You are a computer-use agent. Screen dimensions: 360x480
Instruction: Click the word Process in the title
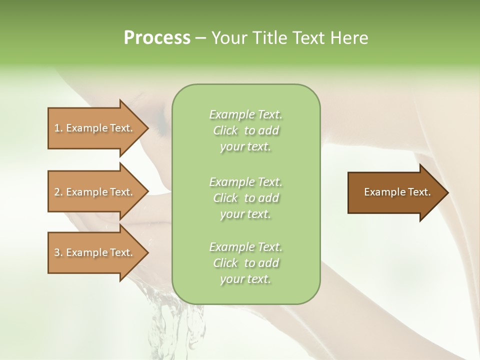pos(157,38)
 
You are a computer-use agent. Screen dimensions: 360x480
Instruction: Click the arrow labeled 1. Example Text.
pos(95,128)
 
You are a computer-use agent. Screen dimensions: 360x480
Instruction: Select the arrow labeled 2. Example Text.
pos(95,192)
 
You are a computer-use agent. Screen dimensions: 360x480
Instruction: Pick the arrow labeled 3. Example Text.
pos(95,252)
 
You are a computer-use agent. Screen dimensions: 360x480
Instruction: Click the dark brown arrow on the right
pos(395,192)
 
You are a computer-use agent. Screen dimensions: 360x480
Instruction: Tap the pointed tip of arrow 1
pos(147,128)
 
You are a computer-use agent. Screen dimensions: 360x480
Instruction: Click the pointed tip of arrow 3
pos(147,252)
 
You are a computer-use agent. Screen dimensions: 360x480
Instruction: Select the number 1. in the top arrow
pos(58,128)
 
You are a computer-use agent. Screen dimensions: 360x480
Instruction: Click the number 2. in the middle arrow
pos(58,192)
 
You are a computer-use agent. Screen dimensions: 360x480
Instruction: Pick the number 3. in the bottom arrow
pos(58,252)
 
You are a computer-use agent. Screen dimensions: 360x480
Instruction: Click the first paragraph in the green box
pos(245,130)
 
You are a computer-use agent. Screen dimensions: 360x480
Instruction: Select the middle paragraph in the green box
pos(245,197)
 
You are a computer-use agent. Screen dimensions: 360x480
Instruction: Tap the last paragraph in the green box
pos(245,263)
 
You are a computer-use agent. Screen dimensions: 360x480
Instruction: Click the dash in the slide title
pos(201,38)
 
